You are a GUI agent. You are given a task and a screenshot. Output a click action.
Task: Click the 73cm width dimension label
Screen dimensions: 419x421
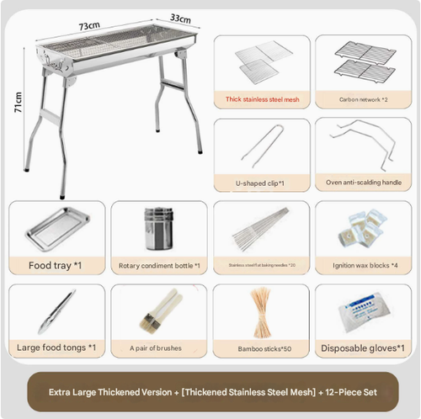(91, 26)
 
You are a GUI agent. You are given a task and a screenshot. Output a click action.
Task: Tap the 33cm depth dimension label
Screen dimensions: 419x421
(179, 17)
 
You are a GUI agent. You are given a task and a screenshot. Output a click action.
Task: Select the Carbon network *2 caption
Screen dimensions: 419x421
(363, 98)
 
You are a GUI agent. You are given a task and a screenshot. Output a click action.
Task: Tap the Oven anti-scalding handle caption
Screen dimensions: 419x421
(363, 182)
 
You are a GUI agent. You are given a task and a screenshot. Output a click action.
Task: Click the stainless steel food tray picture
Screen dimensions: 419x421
(57, 228)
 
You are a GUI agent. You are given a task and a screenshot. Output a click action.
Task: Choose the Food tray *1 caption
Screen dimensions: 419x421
(57, 265)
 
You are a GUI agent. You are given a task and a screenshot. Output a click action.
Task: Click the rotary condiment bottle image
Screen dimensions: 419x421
(158, 228)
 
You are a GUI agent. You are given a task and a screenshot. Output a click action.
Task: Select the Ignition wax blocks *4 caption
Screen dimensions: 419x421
(364, 265)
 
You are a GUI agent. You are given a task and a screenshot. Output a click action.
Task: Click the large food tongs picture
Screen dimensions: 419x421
(56, 311)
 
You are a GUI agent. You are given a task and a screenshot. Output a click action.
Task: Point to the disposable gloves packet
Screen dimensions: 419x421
(364, 311)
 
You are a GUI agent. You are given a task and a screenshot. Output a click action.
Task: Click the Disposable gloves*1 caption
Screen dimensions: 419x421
(364, 347)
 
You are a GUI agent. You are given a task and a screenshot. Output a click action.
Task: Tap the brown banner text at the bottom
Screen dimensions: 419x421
(210, 392)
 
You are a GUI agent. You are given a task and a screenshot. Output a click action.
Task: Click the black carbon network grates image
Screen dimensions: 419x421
(364, 61)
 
